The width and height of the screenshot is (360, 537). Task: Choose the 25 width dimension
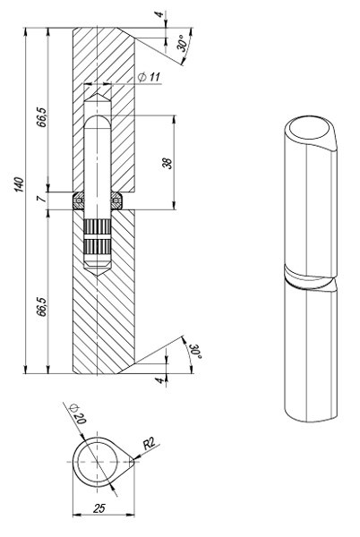[x=102, y=508]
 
